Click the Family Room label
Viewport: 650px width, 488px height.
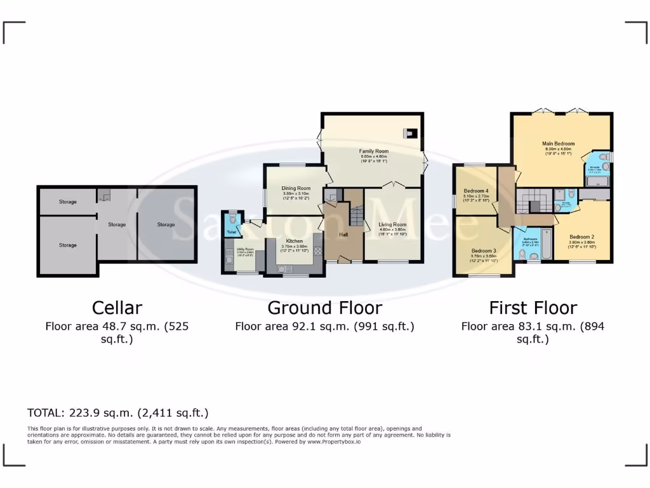374,151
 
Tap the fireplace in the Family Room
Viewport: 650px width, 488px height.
411,133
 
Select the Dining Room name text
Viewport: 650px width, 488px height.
296,188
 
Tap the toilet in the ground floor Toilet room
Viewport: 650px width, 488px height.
232,219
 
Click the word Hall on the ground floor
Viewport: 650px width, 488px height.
343,234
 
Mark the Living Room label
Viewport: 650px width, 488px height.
393,224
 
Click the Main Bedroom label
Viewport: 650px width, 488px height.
559,144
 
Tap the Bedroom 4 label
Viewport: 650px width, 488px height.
476,191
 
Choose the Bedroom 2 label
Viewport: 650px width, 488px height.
581,236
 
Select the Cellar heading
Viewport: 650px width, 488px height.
117,308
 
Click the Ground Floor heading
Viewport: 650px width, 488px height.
324,308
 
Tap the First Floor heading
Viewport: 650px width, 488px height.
533,308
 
